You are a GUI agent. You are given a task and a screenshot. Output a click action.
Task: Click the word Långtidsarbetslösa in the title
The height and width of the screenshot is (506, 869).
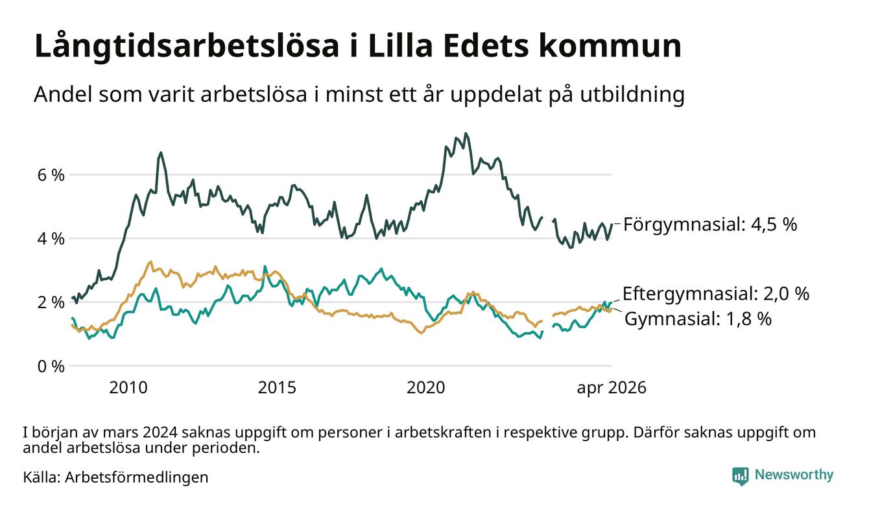[x=187, y=47]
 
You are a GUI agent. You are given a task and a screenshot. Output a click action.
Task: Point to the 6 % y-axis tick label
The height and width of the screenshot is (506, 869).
[x=51, y=175]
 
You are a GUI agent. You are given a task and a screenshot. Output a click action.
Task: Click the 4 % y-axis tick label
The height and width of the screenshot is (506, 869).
[x=51, y=239]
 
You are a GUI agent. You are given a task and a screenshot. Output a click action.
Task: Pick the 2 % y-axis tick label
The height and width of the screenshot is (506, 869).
[x=51, y=303]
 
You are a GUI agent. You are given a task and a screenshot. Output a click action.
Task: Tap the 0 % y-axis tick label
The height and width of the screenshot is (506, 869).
[x=51, y=367]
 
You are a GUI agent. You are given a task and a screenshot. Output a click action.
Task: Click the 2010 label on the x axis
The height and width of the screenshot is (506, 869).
[x=128, y=388]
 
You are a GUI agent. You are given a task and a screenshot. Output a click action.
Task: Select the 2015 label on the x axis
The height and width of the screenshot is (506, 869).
[x=277, y=388]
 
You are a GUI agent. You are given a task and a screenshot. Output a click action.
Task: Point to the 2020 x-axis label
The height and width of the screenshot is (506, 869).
[x=426, y=388]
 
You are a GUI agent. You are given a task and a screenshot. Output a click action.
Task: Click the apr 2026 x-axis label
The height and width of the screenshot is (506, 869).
[x=612, y=388]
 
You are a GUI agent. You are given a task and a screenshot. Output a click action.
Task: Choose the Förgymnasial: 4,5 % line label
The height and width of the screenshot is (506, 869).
[x=710, y=224]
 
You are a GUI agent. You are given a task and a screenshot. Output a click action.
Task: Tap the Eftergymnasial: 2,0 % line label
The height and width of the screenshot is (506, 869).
[x=716, y=294]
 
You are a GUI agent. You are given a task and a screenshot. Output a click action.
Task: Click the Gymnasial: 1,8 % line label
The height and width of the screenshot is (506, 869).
[x=698, y=319]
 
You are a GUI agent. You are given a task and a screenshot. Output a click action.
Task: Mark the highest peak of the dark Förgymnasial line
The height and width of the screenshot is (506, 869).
[x=466, y=134]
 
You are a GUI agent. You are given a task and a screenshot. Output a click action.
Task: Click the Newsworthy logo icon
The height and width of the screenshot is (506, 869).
[x=741, y=476]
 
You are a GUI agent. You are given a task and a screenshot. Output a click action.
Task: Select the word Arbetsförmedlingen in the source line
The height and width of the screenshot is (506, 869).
[x=137, y=477]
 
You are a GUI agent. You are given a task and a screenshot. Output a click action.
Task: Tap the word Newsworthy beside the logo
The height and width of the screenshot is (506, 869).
[x=794, y=475]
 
